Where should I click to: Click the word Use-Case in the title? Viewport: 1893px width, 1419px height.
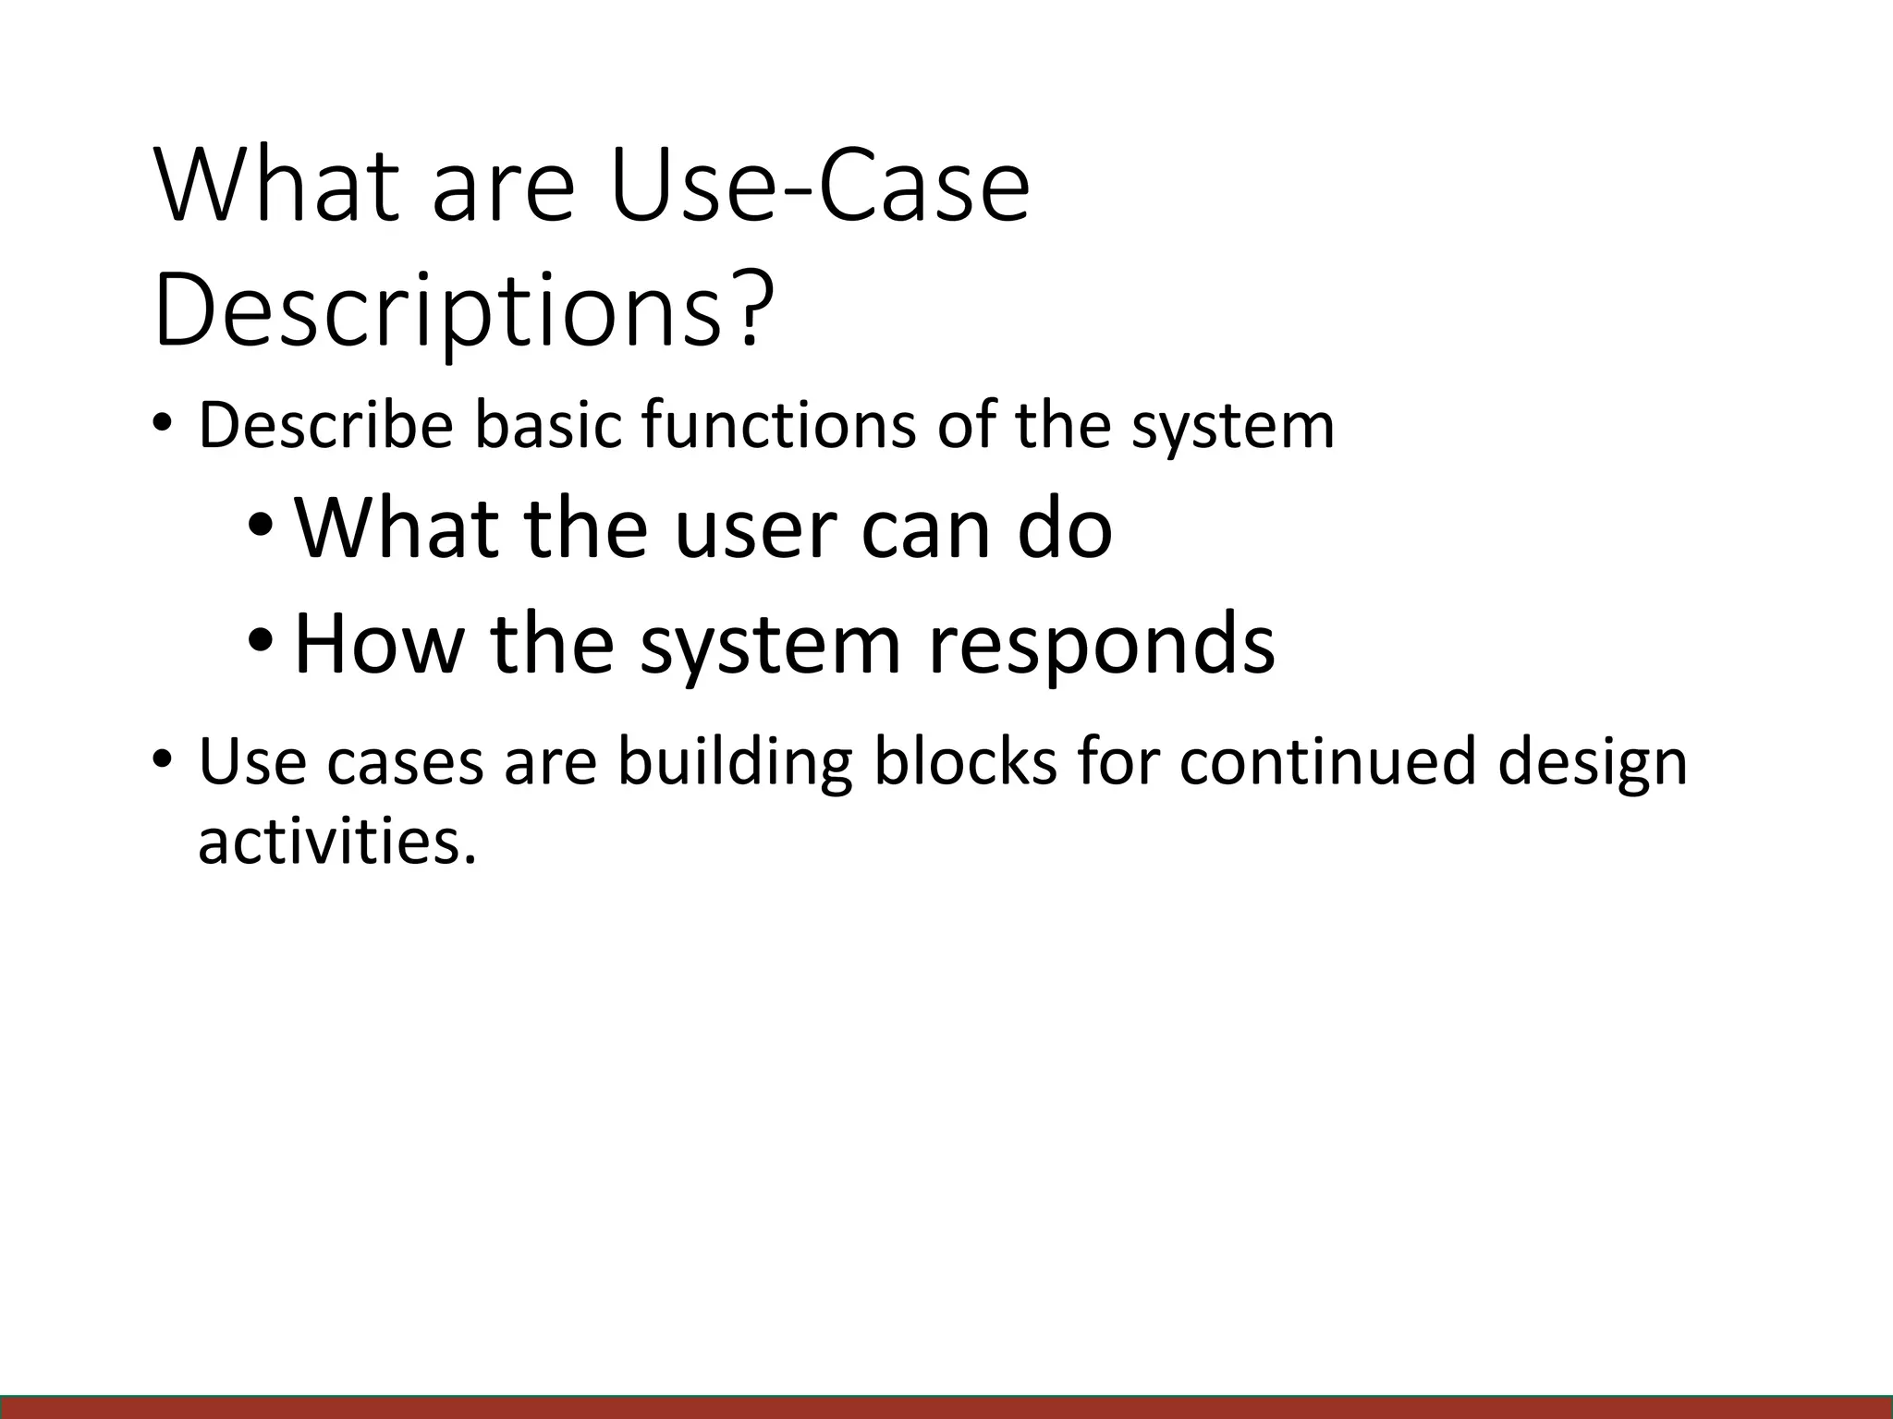coord(818,188)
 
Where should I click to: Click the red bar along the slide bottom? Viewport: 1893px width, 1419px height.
coord(946,1408)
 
